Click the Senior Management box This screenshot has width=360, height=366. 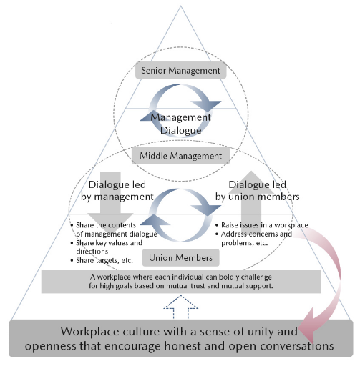pyautogui.click(x=180, y=71)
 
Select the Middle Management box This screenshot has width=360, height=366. pyautogui.click(x=180, y=156)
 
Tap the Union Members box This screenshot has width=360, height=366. pyautogui.click(x=180, y=257)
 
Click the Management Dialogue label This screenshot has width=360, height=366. pyautogui.click(x=180, y=124)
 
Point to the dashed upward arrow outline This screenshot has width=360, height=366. pyautogui.click(x=180, y=307)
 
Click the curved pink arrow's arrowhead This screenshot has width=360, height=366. pyautogui.click(x=309, y=325)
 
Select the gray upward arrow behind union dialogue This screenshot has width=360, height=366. pyautogui.click(x=251, y=200)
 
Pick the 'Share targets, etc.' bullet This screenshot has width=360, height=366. pyautogui.click(x=102, y=260)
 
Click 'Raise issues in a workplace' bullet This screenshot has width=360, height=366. pyautogui.click(x=262, y=225)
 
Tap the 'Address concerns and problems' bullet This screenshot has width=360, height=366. pyautogui.click(x=254, y=238)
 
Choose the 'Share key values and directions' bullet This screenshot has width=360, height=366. pyautogui.click(x=107, y=247)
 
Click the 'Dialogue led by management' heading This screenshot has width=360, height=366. pyautogui.click(x=117, y=191)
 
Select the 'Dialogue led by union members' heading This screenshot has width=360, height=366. pyautogui.click(x=258, y=191)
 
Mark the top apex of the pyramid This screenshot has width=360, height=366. pyautogui.click(x=180, y=6)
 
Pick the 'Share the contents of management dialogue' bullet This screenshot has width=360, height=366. pyautogui.click(x=114, y=229)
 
